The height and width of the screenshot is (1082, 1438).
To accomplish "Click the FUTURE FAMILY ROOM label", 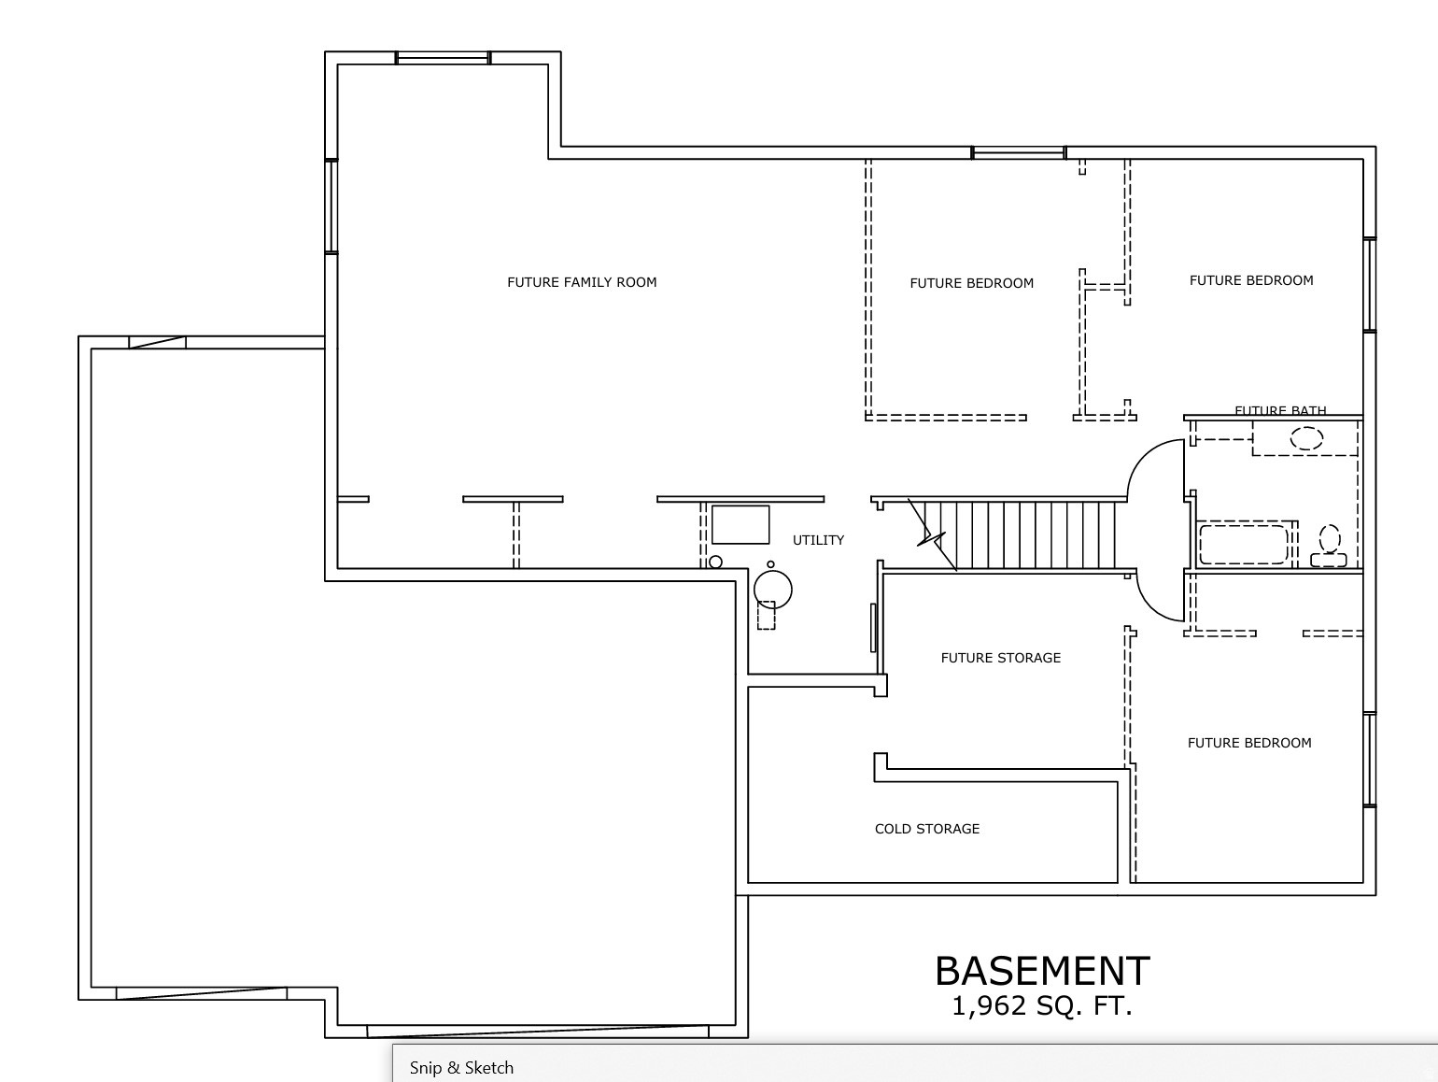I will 582,282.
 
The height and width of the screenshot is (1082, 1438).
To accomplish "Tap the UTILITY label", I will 818,540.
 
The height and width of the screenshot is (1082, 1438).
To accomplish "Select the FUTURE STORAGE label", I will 1000,658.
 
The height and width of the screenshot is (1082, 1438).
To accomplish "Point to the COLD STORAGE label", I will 926,829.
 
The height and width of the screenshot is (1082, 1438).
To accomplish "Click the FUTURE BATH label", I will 1280,410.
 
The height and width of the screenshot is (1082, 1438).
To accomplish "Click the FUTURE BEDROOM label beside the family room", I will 971,283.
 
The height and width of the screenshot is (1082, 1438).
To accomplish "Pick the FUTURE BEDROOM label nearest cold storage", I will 1248,743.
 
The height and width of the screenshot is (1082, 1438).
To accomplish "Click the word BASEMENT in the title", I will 1042,972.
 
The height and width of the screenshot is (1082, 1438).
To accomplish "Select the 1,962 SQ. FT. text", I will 1042,1006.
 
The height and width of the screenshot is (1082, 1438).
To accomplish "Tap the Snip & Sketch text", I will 461,1067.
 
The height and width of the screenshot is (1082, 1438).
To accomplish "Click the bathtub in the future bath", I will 1243,545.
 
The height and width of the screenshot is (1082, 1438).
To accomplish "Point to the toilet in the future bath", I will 1330,546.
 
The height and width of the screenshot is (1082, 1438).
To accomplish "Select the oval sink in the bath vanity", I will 1306,437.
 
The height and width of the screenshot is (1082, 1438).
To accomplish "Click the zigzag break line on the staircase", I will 932,536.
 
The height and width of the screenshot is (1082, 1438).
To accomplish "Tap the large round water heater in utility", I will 773,589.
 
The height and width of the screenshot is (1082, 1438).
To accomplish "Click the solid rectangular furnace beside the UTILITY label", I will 740,524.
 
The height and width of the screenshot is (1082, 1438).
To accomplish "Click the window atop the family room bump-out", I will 444,58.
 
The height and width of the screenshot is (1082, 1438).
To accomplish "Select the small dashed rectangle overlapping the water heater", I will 766,616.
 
